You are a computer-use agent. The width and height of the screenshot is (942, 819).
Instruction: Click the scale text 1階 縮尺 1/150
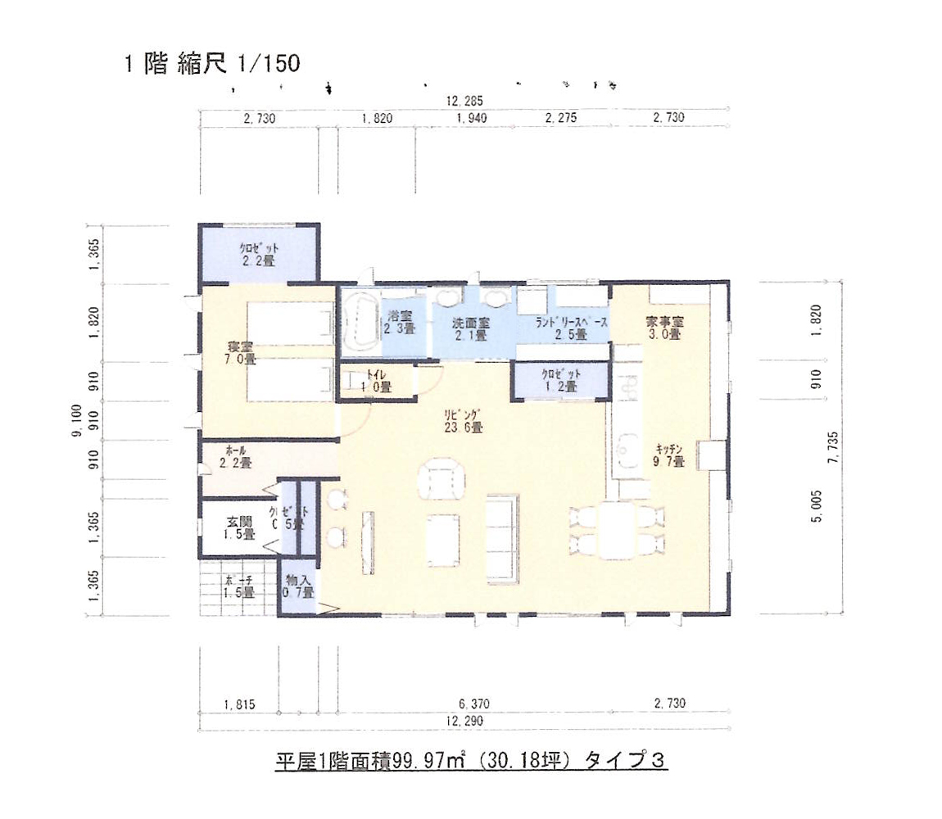tap(211, 65)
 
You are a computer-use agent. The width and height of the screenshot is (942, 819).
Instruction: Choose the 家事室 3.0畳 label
tap(663, 328)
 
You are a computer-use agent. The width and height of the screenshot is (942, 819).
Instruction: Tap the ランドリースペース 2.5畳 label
tap(573, 328)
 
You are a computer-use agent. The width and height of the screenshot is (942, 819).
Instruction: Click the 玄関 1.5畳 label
tap(239, 527)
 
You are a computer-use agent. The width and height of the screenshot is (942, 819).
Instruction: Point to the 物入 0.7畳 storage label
tap(298, 587)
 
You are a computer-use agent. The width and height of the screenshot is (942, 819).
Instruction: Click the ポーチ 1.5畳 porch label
tap(238, 587)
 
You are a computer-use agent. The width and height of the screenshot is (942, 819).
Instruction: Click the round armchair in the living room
tap(442, 481)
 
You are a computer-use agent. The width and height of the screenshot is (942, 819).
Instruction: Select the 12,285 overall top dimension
tap(464, 102)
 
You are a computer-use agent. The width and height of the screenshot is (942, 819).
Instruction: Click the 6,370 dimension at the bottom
tap(473, 704)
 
